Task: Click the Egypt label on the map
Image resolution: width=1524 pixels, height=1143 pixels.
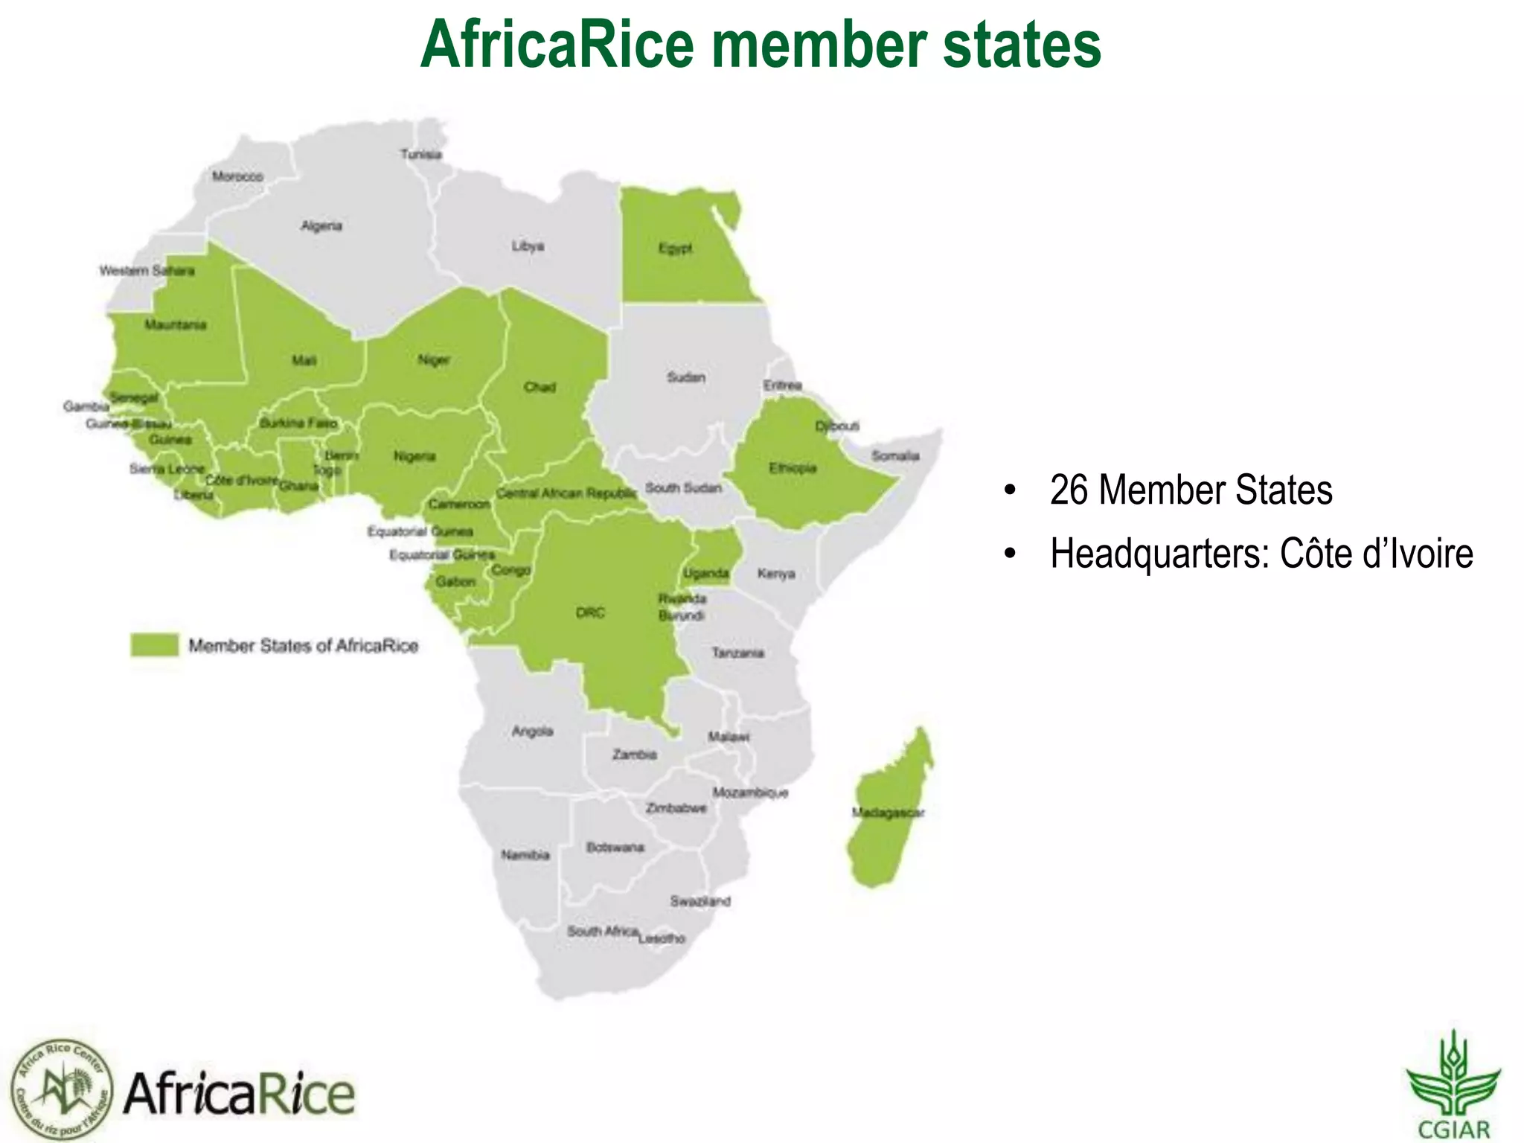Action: (x=676, y=248)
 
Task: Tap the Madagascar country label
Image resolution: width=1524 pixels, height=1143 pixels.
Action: (x=888, y=812)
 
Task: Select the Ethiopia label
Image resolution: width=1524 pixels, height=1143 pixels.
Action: (x=793, y=468)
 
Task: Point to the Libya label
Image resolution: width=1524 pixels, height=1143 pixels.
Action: (x=528, y=246)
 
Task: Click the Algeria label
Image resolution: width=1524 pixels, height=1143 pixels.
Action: (x=321, y=225)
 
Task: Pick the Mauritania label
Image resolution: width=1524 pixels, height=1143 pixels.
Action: (x=176, y=324)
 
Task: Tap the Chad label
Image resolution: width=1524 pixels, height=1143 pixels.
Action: (x=540, y=387)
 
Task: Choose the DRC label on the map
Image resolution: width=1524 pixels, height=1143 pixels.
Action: (x=590, y=612)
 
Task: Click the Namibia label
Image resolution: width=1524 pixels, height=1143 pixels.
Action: (x=525, y=855)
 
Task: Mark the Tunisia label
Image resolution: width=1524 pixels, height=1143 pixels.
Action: (x=421, y=155)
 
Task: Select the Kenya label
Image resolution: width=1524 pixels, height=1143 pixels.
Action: (x=776, y=574)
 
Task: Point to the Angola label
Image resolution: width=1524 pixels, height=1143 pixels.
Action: (x=532, y=731)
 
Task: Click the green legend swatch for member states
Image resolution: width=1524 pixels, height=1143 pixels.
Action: (x=155, y=645)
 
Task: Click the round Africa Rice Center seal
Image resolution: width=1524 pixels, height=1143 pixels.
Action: (x=63, y=1089)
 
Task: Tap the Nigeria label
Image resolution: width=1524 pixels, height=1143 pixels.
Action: (x=414, y=456)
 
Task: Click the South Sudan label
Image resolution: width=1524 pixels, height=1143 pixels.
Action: (x=683, y=488)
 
